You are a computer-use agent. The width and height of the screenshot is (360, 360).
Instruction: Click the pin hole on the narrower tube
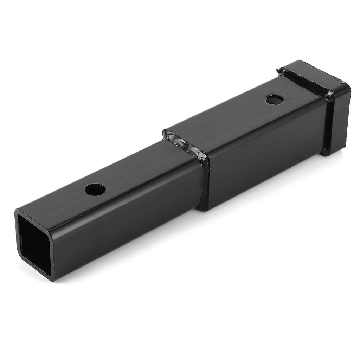point(95,190)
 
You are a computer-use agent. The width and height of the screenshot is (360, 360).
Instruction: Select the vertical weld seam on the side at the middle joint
point(204,183)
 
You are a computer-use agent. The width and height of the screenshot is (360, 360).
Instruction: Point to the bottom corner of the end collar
point(327,153)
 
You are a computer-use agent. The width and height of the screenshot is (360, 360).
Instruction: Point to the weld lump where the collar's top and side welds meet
point(329,95)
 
